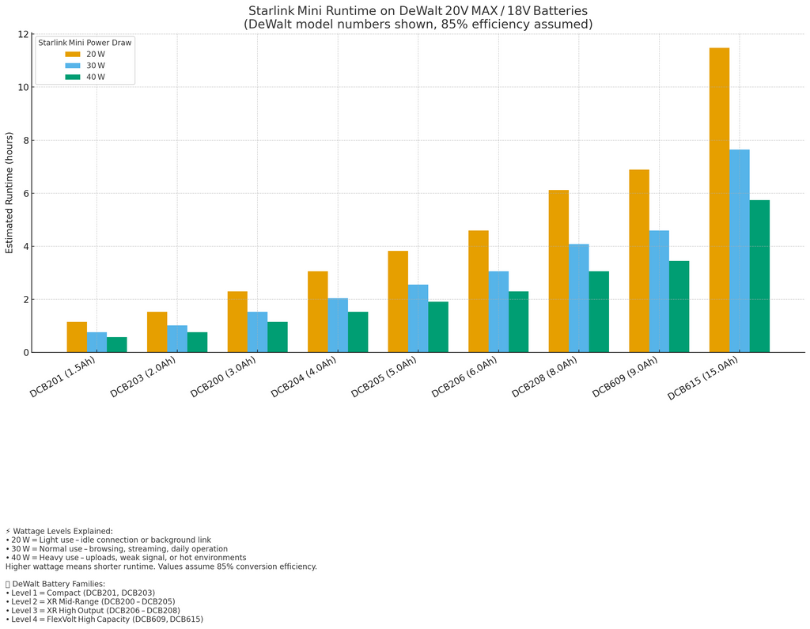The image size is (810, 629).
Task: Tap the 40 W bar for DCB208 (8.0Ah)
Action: [599, 312]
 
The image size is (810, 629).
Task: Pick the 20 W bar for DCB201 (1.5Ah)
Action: [77, 337]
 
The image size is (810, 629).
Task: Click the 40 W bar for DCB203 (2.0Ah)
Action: [197, 342]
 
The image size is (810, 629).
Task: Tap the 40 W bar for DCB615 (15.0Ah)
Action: [759, 276]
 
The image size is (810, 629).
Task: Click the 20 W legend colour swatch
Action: [73, 55]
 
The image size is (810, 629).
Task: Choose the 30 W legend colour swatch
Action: [73, 66]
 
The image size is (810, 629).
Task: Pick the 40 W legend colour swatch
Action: [73, 78]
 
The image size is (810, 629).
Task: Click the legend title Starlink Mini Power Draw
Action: [85, 43]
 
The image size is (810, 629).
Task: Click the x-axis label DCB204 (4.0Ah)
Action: [305, 377]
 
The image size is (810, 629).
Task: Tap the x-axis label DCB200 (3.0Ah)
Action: [224, 377]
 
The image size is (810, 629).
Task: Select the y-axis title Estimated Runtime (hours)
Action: [9, 192]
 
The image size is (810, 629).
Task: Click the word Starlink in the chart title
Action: [271, 11]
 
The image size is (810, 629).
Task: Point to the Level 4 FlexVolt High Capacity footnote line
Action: [104, 620]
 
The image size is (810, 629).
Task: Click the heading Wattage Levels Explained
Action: [62, 531]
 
